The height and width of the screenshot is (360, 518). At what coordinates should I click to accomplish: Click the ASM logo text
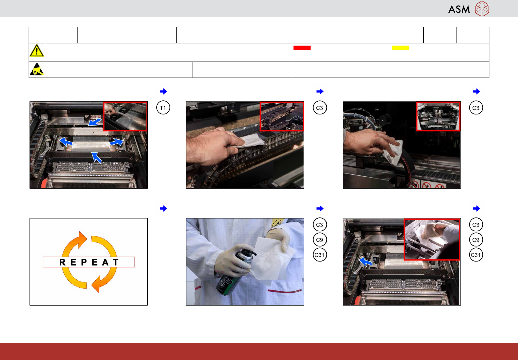point(459,9)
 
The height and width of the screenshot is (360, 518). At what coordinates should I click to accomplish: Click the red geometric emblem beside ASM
point(482,9)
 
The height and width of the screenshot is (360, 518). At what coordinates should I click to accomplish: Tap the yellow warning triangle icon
point(37,50)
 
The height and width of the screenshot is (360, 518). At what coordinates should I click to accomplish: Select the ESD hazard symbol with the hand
point(37,69)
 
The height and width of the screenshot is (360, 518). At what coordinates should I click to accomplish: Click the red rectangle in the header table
point(302,48)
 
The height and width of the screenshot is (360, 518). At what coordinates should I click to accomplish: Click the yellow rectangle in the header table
point(400,48)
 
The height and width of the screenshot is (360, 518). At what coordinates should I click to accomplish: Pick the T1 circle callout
point(163,108)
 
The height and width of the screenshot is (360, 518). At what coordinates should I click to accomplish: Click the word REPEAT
point(89,262)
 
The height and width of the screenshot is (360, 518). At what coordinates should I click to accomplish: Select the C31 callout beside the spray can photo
point(320,255)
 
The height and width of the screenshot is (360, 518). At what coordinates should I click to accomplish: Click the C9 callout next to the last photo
point(476,240)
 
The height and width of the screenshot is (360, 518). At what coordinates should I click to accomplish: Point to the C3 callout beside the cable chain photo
point(320,108)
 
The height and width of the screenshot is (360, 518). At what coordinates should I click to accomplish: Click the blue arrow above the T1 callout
point(163,91)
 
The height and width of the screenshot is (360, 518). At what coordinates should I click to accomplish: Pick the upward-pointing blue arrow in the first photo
point(96,157)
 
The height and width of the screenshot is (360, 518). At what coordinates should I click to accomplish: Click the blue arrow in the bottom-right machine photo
point(365,262)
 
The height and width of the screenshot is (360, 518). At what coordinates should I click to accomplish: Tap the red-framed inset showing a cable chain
point(282,116)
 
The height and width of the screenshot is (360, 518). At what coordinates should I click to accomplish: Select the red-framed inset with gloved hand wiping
point(432,239)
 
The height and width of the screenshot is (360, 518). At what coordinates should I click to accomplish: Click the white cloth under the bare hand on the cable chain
point(251,140)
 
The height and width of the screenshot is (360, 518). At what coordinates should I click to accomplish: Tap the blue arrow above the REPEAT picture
point(163,208)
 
